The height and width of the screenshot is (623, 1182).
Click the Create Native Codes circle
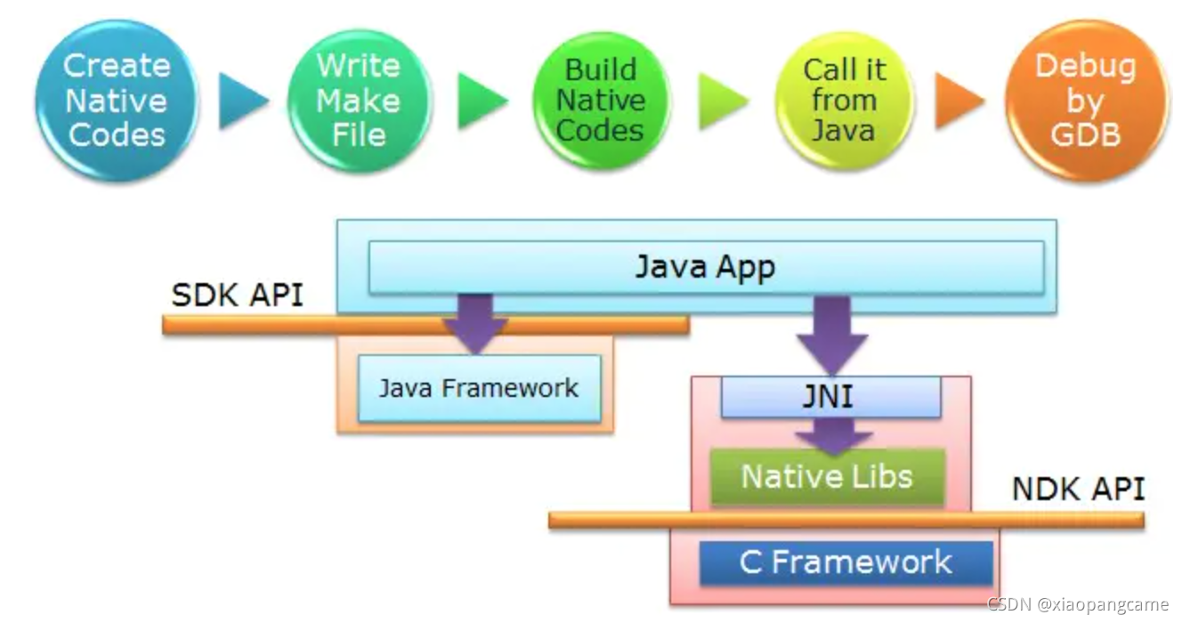pos(116,100)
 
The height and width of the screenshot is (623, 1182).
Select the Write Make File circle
pos(359,100)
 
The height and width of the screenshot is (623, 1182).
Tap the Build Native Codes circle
pos(600,100)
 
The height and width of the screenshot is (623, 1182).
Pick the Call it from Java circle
pos(843,100)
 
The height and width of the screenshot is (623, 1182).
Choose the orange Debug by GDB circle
pos(1086,100)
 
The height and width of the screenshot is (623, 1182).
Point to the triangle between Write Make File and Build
pos(481,100)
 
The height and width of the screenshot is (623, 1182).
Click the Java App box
pos(705,267)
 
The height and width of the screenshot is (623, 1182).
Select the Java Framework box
pos(479,388)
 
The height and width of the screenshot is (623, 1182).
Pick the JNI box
pos(830,396)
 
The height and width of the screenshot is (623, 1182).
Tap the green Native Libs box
pos(827,476)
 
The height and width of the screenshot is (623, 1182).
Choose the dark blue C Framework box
pos(846,562)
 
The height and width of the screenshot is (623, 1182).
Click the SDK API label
pos(237,295)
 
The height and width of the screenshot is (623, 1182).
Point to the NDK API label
pos(1078,489)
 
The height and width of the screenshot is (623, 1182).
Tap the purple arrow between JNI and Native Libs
pos(831,434)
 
